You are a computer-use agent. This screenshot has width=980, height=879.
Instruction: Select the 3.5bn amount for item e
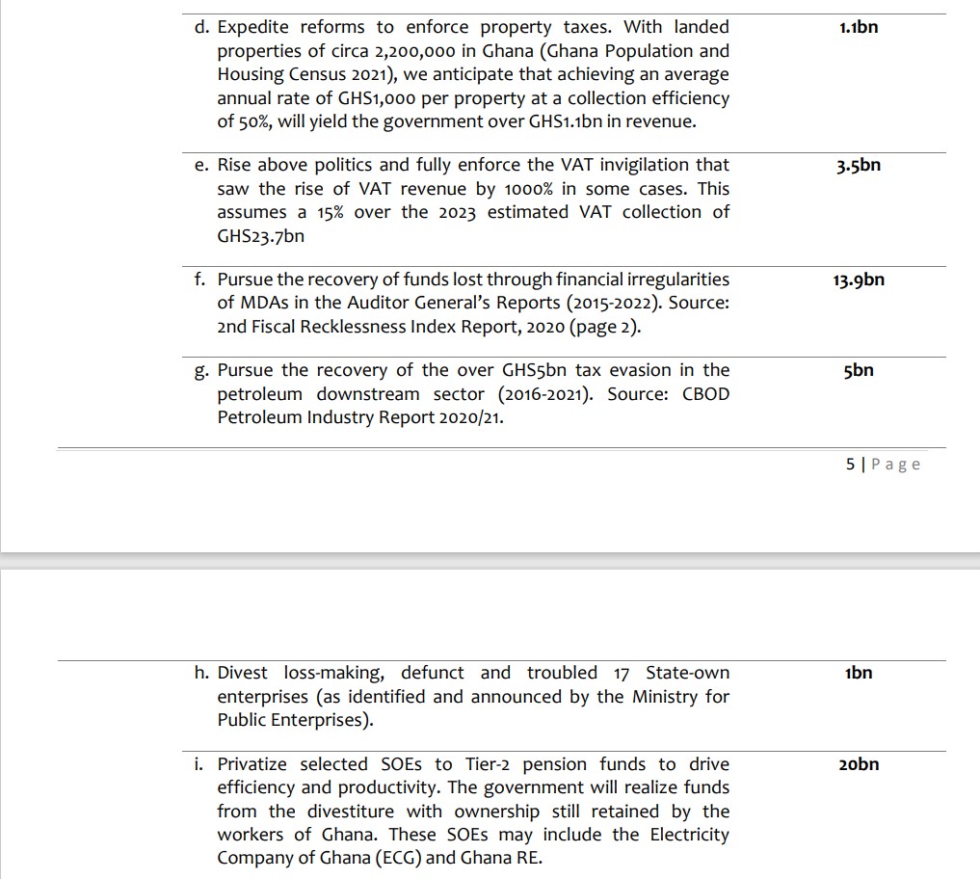858,166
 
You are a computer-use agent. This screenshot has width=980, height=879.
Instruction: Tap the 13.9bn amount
858,280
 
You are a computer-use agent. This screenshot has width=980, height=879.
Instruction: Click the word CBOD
706,394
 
